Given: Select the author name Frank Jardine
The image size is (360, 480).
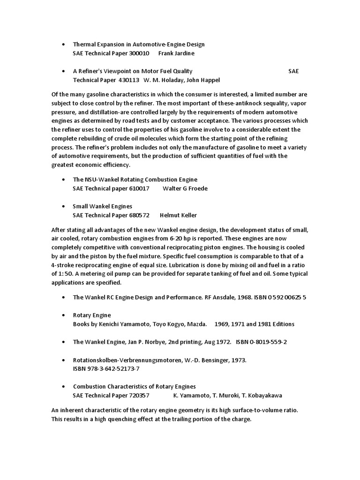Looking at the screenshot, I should (x=176, y=53).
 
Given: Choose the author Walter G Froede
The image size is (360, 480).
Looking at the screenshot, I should (x=185, y=188).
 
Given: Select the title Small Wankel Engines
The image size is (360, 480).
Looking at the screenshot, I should (x=102, y=206).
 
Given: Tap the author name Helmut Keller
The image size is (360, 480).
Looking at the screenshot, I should (x=178, y=215).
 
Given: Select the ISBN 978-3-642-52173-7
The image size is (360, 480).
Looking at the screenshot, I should (x=106, y=368).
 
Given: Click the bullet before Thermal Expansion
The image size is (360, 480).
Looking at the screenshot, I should (x=63, y=44).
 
